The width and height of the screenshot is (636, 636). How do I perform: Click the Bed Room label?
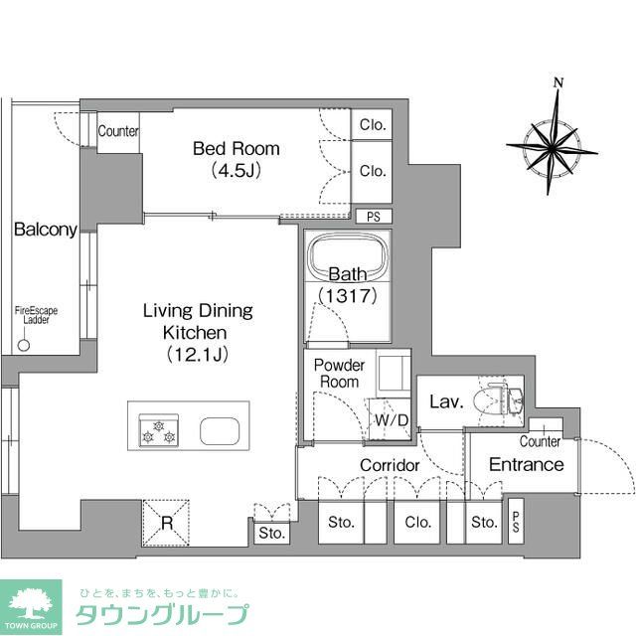click(x=236, y=149)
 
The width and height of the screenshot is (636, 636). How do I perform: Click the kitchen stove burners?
click(x=158, y=431)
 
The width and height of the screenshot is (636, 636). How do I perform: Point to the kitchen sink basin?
click(x=218, y=431)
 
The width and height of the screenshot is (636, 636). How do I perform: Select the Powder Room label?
click(x=339, y=374)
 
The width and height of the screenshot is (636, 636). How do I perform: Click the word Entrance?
click(x=527, y=464)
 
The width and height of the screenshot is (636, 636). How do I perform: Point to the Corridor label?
click(x=390, y=465)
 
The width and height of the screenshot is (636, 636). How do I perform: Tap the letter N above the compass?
click(x=558, y=82)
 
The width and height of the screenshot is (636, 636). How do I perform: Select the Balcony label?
click(x=45, y=230)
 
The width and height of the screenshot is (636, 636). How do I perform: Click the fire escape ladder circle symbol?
click(x=25, y=346)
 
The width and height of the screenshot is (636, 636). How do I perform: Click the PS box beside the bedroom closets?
click(x=373, y=217)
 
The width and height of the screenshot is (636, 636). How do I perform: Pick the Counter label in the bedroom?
click(x=118, y=131)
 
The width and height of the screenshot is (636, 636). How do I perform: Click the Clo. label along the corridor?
click(x=417, y=523)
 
